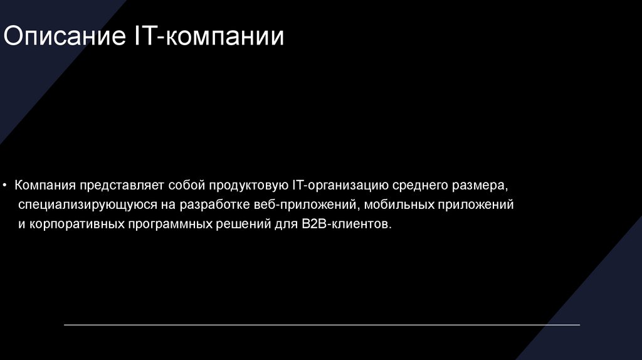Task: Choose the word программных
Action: (166, 224)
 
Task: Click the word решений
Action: (236, 224)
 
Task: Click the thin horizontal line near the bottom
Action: (322, 325)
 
